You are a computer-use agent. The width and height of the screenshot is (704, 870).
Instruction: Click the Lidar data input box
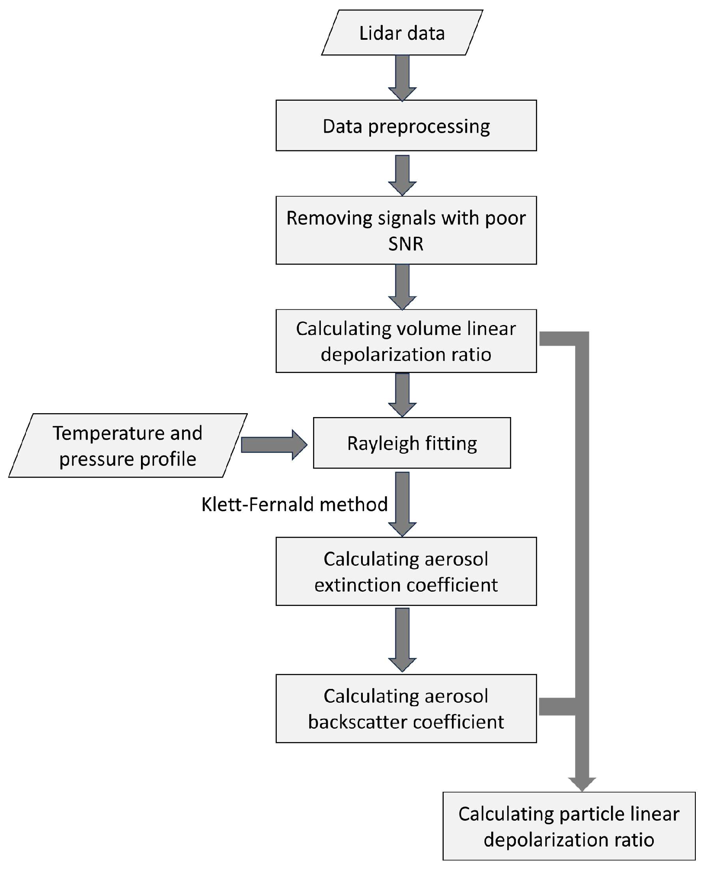pos(402,33)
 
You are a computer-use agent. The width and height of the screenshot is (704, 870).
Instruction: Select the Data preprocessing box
pos(406,126)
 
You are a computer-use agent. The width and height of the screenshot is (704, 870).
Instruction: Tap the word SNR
pos(406,244)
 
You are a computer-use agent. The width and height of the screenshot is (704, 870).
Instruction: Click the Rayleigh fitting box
pos(412,443)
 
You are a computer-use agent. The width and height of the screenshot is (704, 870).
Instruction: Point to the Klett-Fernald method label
pos(294,504)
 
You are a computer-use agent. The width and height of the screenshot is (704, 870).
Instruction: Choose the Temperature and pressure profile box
pos(128,446)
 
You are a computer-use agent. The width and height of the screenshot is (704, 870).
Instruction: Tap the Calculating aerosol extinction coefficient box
pos(406,571)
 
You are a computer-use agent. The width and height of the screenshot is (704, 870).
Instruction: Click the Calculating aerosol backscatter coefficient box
pos(406,709)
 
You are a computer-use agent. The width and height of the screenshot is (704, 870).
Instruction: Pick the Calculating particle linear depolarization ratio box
pos(569,826)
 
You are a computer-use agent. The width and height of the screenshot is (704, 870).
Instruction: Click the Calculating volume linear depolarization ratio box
pos(406,341)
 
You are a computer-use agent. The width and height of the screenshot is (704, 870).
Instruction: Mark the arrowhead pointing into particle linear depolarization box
pos(582,783)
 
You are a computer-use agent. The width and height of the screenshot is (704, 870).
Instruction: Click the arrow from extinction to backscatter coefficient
pos(402,640)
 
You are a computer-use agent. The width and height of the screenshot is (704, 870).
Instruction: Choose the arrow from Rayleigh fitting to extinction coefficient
pos(402,504)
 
